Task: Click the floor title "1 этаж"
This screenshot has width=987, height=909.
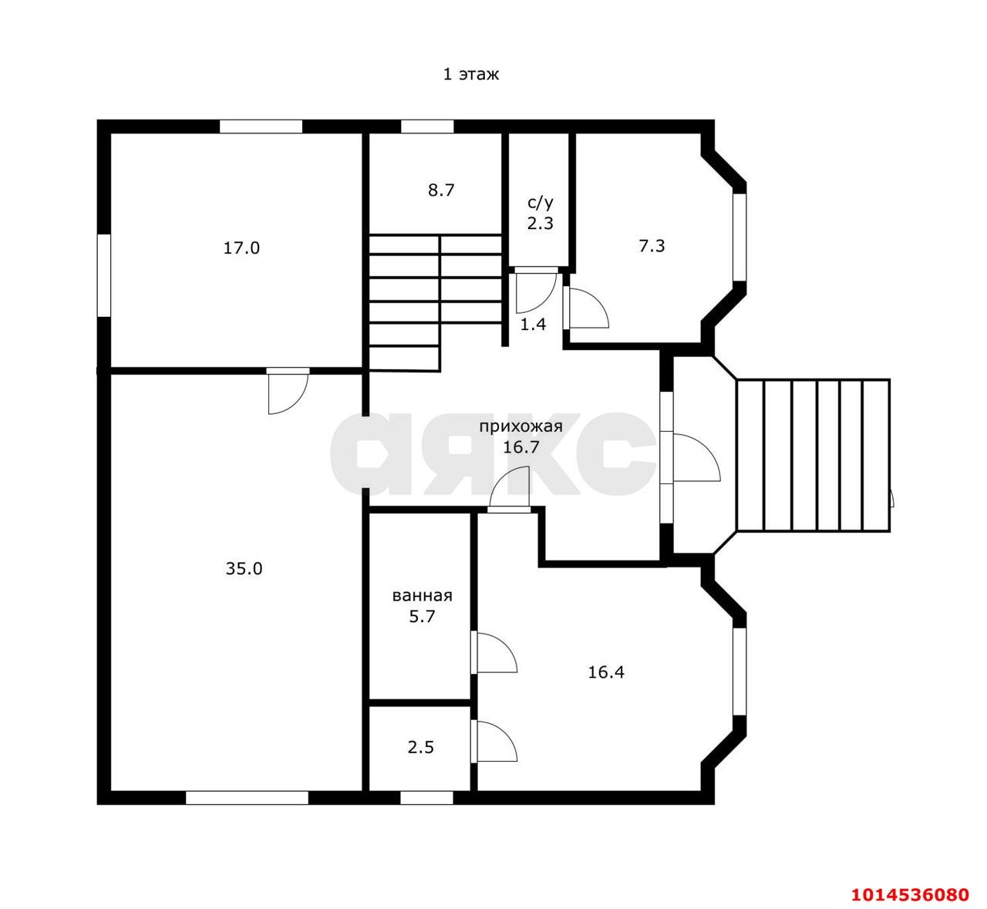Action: pos(471,74)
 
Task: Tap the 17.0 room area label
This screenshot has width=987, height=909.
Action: pos(241,247)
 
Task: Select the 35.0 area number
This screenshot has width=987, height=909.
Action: pos(244,568)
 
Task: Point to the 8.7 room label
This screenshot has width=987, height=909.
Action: pos(441,190)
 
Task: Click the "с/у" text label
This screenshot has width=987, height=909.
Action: pos(541,202)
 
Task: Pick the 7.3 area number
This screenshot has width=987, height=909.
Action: pos(652,246)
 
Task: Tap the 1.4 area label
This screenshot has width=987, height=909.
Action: pos(534,325)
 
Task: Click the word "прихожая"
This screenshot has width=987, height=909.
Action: pos(521,426)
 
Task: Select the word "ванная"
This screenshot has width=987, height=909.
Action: pos(422,595)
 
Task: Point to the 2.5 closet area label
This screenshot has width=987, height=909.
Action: pos(421,747)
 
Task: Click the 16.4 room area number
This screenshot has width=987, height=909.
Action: pos(606,672)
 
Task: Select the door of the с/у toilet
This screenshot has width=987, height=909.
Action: pos(535,291)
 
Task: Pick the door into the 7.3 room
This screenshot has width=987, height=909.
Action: pos(588,308)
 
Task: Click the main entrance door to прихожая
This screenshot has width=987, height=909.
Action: pos(696,457)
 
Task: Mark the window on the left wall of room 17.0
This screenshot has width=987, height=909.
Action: pos(104,275)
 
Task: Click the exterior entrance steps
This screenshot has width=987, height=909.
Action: pos(813,455)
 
